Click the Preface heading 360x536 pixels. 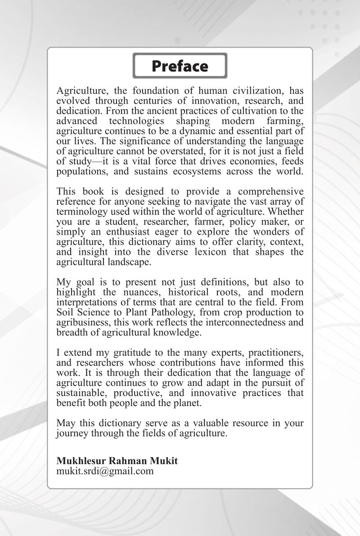[180, 66]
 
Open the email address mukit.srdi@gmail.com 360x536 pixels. [105, 471]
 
